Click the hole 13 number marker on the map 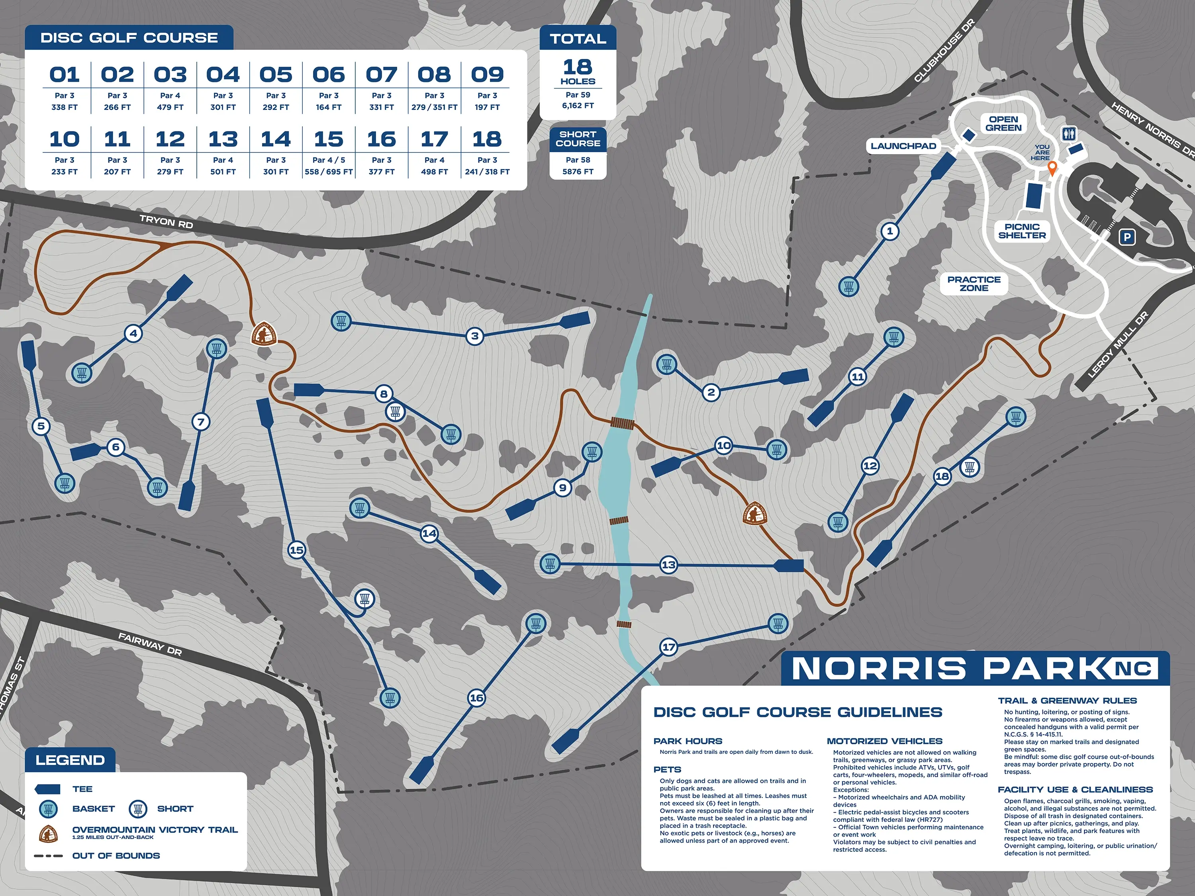669,565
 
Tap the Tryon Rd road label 166,221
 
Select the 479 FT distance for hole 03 170,108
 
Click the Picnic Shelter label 1022,231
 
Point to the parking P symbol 1127,237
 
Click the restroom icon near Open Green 1069,133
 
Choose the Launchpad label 903,146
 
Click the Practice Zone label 974,284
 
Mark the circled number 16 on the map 476,698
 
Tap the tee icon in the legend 47,789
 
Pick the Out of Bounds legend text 116,855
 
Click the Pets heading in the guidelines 667,770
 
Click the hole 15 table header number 329,139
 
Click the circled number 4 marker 133,334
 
